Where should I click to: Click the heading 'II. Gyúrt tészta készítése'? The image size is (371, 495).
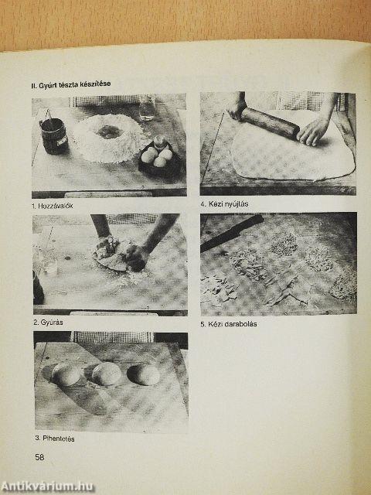tap(71, 85)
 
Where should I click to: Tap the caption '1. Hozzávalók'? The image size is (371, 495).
tap(53, 206)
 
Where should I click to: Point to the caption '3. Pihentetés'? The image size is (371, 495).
tap(55, 439)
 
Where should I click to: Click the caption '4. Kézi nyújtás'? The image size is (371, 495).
tap(224, 204)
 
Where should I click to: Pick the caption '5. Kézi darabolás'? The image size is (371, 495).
tap(229, 324)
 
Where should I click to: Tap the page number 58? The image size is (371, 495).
tap(39, 457)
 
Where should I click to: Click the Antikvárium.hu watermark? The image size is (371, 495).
tap(47, 486)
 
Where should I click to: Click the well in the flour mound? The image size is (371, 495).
tap(109, 132)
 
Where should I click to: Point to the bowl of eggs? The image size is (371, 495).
tap(160, 158)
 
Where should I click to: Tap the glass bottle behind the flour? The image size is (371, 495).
tap(147, 108)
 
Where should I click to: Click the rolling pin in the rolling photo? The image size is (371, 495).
tap(270, 122)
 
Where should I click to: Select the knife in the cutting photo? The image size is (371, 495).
tap(232, 233)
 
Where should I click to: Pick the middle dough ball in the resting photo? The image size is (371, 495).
tap(107, 374)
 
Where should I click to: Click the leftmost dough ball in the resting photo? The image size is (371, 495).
tap(66, 374)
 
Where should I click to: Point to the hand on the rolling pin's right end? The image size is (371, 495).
tap(312, 131)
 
